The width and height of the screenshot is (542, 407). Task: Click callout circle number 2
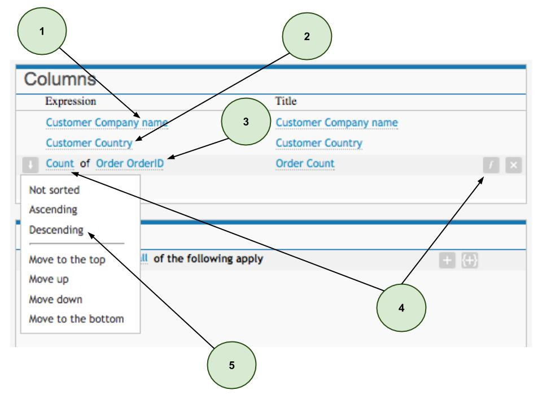307,37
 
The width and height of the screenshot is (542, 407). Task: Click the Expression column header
71,102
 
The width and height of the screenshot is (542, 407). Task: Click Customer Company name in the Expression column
107,123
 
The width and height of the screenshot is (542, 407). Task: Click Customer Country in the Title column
318,143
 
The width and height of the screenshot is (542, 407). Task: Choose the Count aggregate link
60,164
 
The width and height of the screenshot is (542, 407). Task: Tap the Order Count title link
305,164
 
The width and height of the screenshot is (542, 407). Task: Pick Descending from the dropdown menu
56,231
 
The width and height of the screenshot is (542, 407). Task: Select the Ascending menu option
53,210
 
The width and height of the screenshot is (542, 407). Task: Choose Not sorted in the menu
54,190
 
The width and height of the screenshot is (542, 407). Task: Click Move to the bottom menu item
76,319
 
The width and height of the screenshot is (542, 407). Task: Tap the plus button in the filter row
448,262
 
